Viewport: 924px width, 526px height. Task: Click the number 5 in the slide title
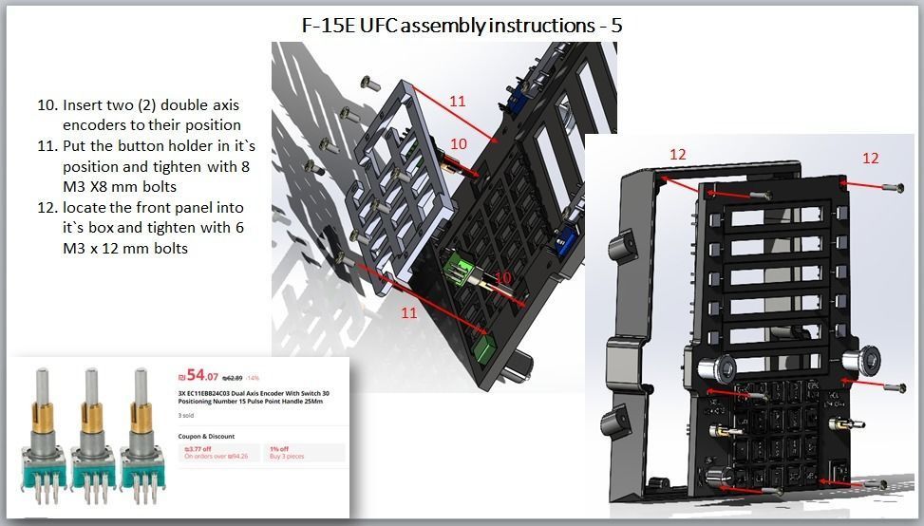click(x=616, y=26)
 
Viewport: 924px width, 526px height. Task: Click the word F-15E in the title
click(x=326, y=26)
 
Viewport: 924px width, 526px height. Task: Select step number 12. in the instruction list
click(x=47, y=208)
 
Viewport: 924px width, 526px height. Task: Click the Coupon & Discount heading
click(x=207, y=437)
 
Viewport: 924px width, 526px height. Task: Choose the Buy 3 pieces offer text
click(x=288, y=457)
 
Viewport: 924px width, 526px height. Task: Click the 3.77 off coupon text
click(x=197, y=449)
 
